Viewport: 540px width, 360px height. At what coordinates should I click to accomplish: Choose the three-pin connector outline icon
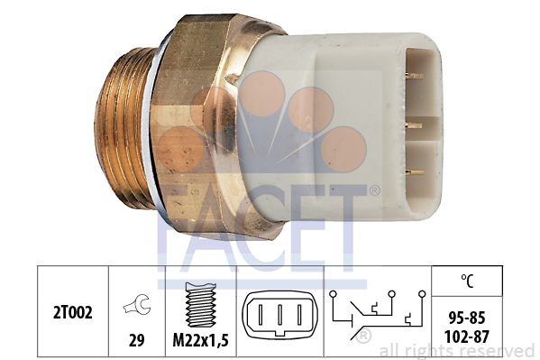279,318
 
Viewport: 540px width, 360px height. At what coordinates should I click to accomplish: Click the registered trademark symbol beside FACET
374,190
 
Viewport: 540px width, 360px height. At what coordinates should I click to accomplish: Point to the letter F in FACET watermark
176,230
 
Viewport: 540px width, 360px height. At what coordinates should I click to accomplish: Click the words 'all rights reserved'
457,350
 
